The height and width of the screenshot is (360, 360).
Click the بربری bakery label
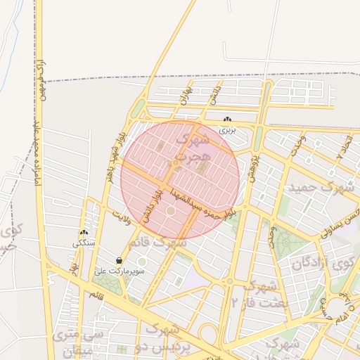226,130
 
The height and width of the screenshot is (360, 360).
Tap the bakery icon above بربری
226,120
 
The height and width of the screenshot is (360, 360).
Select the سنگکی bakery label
84,244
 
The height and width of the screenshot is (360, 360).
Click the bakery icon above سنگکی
84,233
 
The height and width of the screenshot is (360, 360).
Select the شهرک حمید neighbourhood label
319,188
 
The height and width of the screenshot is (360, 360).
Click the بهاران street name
184,96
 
